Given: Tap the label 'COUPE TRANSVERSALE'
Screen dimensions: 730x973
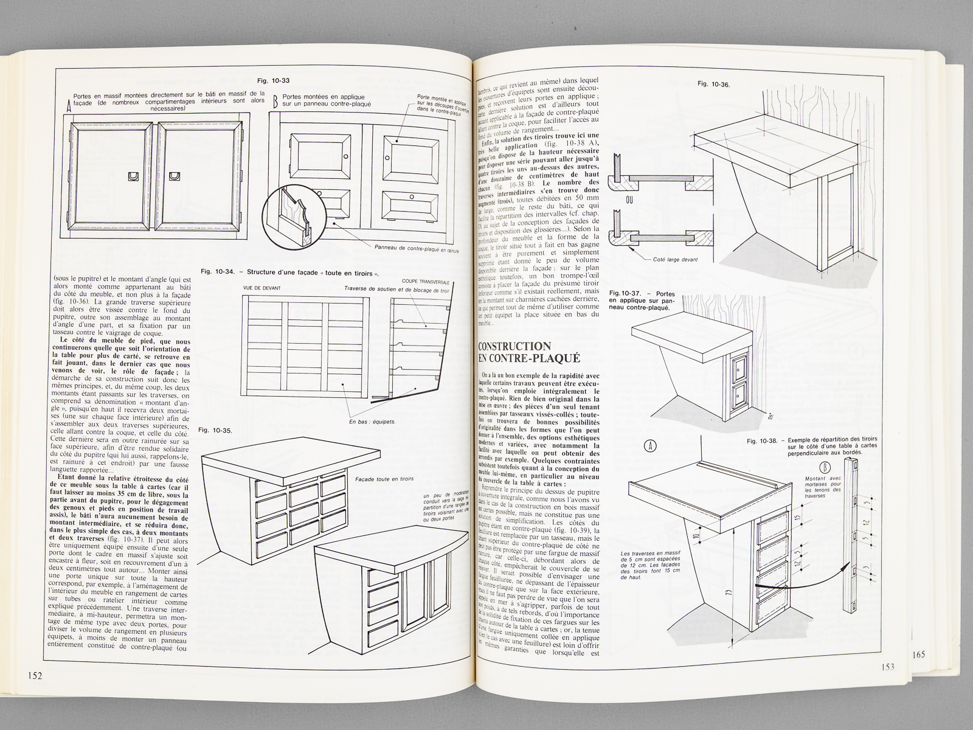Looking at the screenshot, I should tap(427, 281).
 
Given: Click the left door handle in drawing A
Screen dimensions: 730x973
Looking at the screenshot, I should tap(134, 176).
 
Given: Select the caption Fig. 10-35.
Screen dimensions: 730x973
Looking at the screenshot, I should tap(216, 431).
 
